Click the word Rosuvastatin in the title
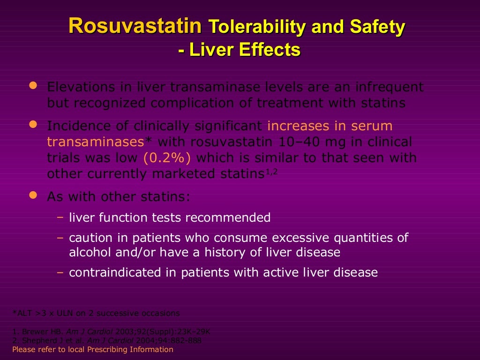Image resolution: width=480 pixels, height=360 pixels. click(x=135, y=27)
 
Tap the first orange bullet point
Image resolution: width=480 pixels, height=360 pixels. click(x=32, y=86)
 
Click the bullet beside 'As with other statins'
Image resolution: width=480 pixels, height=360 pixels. click(x=32, y=195)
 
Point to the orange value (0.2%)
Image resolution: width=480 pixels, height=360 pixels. click(x=167, y=158)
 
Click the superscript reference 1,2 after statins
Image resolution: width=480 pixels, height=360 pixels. click(x=272, y=172)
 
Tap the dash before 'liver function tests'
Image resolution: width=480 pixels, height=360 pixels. click(x=60, y=217)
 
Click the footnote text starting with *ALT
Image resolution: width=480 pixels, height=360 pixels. click(x=96, y=313)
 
